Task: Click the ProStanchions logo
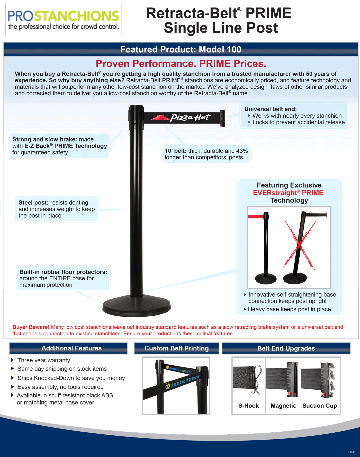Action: (63, 20)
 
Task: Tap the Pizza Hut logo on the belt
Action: (181, 118)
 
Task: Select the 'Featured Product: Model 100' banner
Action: (181, 49)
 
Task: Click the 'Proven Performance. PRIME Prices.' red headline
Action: (181, 63)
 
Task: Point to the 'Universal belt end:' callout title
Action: (271, 109)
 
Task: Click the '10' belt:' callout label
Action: (176, 151)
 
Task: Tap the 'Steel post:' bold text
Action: (33, 203)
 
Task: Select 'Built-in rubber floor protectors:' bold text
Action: (63, 272)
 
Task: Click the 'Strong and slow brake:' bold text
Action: (45, 139)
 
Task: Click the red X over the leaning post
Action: (300, 245)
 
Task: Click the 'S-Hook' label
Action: (248, 406)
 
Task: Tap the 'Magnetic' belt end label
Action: (283, 406)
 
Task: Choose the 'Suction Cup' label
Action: (320, 406)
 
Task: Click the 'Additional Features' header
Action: (71, 348)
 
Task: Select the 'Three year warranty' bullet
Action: (44, 360)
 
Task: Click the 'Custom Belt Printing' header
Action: (176, 348)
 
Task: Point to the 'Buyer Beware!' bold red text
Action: (31, 327)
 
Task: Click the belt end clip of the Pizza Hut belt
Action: (222, 118)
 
